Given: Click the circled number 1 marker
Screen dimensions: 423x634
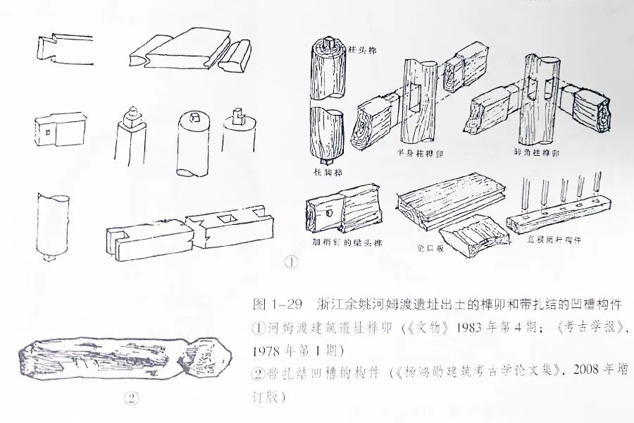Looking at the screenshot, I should point(290,262).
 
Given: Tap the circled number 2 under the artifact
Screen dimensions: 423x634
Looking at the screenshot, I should point(130,398).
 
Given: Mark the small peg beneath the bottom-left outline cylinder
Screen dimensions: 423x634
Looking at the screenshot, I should point(50,256).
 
